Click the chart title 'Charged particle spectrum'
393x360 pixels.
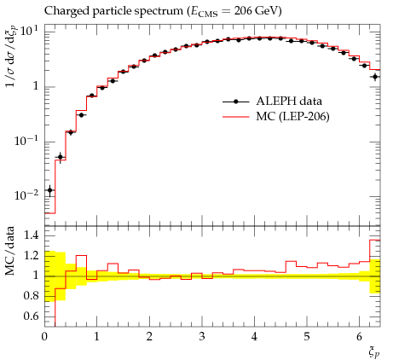coord(113,11)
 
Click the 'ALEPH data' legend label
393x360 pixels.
coord(289,101)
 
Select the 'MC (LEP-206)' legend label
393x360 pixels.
coord(292,116)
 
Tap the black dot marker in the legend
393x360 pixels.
coord(235,102)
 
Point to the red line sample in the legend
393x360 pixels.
coord(235,117)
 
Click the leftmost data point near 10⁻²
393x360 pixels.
coord(50,190)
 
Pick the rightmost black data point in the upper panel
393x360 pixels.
coord(375,77)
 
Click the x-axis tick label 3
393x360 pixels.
coord(202,337)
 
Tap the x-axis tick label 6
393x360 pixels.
coord(359,337)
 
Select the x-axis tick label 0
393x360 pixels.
coord(44,337)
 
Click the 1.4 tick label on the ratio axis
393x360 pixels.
coord(31,235)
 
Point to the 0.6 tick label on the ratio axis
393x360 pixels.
coord(31,316)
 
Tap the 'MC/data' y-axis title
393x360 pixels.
coord(9,251)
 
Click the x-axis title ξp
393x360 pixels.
coord(373,352)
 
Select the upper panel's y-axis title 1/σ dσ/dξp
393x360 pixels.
coord(10,56)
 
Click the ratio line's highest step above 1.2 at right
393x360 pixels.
coord(375,241)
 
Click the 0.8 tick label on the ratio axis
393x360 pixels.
coord(31,296)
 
